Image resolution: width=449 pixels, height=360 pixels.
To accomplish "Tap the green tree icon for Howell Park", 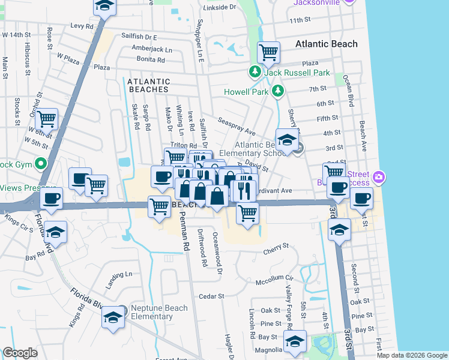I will (x=277, y=91).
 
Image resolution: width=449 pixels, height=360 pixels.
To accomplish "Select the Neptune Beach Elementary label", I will (x=160, y=312).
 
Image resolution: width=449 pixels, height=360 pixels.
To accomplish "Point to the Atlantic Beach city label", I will (x=327, y=44).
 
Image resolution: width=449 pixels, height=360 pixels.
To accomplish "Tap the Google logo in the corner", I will (x=20, y=353).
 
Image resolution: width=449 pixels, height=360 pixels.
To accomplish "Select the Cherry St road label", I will (x=276, y=247).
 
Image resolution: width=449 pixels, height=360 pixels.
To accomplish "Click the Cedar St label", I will (x=211, y=296).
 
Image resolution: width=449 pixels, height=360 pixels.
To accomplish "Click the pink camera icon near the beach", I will (x=378, y=178).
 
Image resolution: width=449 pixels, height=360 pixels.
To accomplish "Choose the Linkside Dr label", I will (x=220, y=7).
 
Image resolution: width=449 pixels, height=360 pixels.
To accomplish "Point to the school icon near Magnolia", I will (x=295, y=341).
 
